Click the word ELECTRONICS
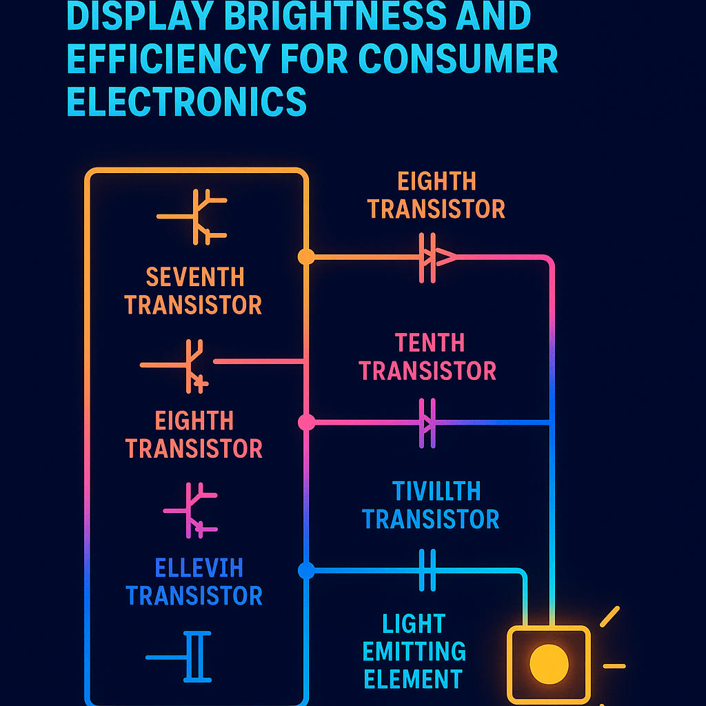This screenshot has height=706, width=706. click(186, 102)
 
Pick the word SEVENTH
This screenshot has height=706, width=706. click(195, 277)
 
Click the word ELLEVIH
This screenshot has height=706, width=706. click(199, 569)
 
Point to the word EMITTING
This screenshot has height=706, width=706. click(414, 652)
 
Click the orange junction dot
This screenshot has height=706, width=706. click(306, 257)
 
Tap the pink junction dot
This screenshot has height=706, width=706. click(307, 422)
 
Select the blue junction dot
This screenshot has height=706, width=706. click(307, 571)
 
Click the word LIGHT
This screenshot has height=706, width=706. click(414, 624)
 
